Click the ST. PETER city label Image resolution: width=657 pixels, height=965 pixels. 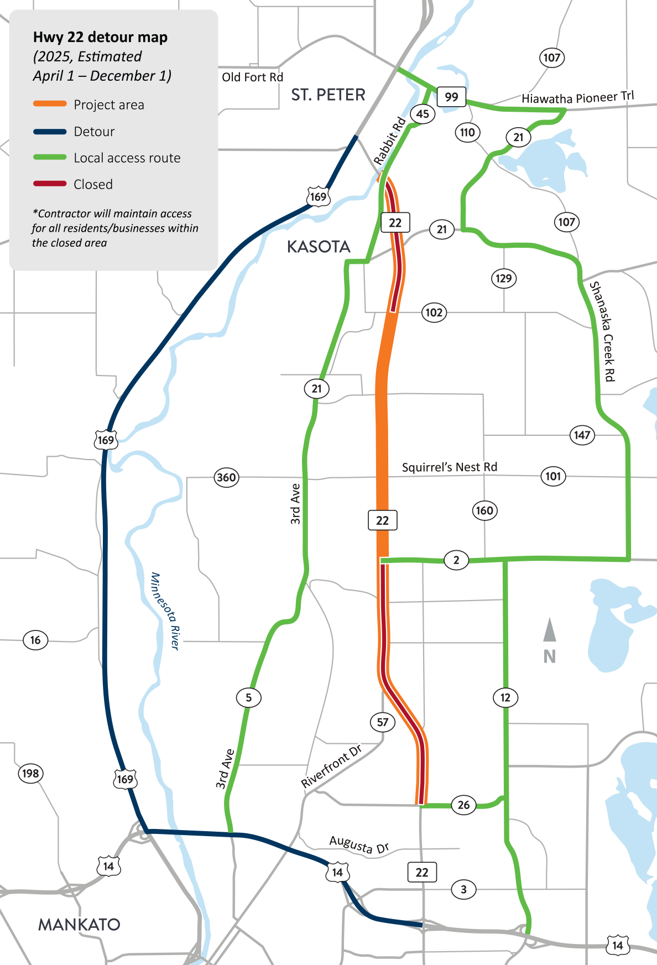(328, 95)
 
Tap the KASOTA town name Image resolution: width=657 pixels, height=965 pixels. (319, 247)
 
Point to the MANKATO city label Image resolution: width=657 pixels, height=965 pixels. (79, 925)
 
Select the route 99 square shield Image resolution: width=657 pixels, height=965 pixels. (451, 97)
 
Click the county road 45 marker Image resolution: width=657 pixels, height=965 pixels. (423, 114)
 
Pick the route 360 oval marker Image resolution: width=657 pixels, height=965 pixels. (226, 477)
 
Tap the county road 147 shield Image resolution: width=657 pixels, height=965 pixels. (582, 435)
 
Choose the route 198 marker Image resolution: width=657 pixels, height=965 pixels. (30, 773)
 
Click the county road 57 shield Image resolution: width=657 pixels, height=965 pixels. (383, 722)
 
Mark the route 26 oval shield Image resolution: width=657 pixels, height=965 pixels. (463, 805)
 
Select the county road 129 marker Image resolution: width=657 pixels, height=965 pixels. (503, 278)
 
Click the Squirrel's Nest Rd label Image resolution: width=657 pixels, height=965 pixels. (449, 467)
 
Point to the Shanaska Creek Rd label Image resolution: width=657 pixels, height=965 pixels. (602, 331)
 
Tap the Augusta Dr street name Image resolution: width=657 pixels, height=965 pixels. (359, 844)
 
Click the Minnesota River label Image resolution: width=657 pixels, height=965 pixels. (165, 611)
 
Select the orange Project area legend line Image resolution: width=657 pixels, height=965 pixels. (50, 104)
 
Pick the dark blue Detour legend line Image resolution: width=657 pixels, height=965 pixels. (50, 132)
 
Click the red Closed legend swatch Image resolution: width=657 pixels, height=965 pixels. (50, 184)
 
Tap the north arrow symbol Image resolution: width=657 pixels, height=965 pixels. (549, 632)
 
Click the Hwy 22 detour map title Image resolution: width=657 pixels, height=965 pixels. (100, 37)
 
